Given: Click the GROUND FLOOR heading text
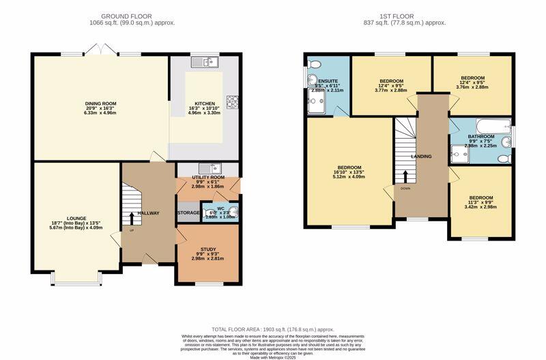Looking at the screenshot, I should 126,16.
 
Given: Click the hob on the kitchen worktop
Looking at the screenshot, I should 231,100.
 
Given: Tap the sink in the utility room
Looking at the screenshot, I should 207,168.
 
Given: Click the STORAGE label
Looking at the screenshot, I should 189,213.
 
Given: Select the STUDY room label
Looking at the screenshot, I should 208,249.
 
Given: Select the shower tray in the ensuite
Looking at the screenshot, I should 317,105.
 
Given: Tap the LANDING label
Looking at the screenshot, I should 421,156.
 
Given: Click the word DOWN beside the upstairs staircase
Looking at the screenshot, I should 405,188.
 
